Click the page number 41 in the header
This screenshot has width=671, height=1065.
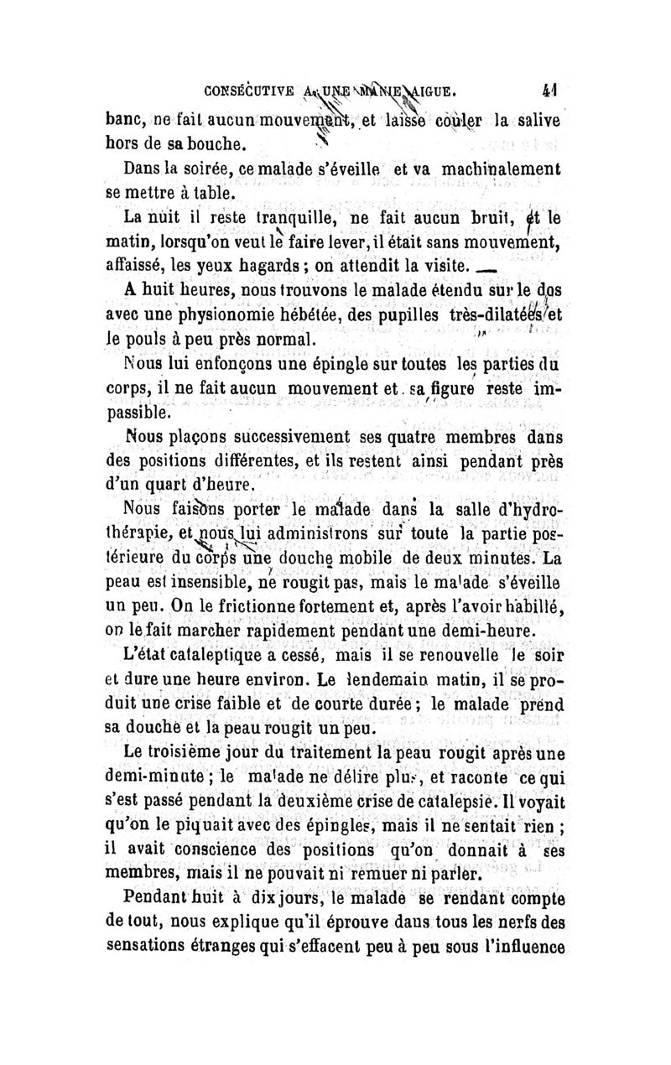point(550,86)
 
